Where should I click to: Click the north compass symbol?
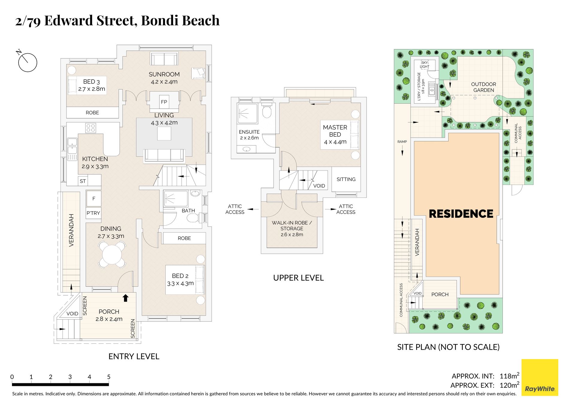click(27, 62)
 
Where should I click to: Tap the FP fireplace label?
click(164, 102)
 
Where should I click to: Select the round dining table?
click(112, 255)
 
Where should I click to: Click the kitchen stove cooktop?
click(91, 128)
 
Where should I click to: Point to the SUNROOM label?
click(164, 74)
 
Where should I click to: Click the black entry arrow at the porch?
click(126, 298)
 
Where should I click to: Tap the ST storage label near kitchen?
click(83, 181)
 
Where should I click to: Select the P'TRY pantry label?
click(93, 213)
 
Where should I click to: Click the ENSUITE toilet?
click(267, 111)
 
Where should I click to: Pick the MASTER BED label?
click(335, 131)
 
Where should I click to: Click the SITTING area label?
click(346, 179)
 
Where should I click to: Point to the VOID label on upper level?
click(319, 186)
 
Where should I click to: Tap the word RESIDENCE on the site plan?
click(461, 214)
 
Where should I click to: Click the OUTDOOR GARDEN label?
click(483, 87)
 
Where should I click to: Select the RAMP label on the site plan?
click(402, 142)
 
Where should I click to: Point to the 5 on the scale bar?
click(109, 377)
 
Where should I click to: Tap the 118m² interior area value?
click(509, 376)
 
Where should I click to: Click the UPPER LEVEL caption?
click(298, 278)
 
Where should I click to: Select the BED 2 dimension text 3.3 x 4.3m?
click(180, 283)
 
